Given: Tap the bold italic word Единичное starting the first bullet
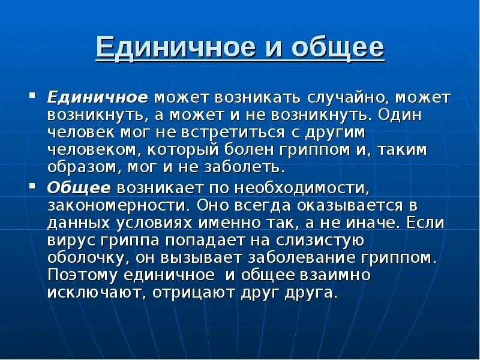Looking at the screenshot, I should click(x=98, y=97).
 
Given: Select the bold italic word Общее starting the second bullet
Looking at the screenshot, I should click(x=79, y=188).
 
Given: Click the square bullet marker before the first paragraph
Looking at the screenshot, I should click(x=34, y=95).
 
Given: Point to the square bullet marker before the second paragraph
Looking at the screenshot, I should click(x=34, y=186).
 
